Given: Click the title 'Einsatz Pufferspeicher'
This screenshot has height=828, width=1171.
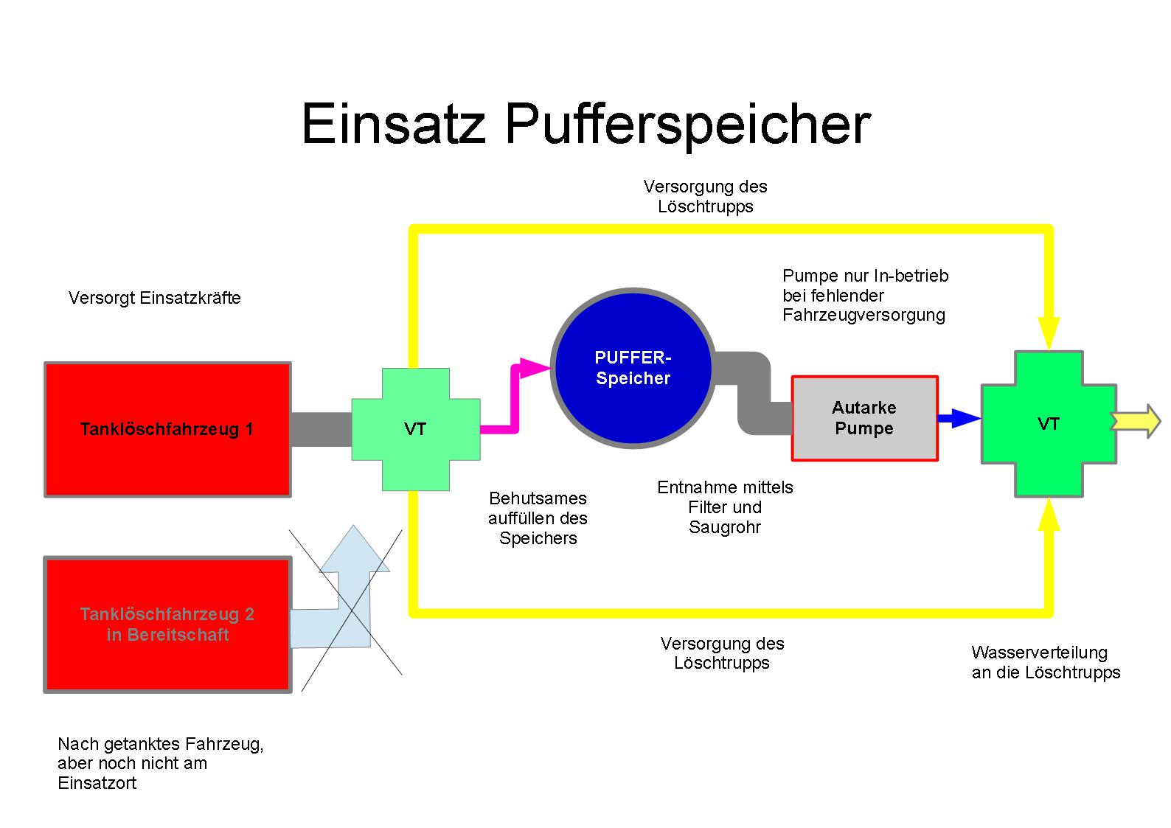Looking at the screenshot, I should point(585,125).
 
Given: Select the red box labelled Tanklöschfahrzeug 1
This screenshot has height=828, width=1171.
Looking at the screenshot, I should point(167,429).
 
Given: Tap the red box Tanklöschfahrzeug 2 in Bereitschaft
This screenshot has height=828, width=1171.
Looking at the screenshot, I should point(167,625).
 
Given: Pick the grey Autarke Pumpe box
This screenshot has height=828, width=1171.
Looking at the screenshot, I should point(864,418).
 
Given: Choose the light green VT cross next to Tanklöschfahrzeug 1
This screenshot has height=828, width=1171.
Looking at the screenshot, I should point(415,429).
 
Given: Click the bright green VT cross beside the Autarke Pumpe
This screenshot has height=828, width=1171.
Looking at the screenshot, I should point(1048,424).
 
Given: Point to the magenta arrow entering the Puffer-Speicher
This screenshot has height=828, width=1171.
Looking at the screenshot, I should point(516,398).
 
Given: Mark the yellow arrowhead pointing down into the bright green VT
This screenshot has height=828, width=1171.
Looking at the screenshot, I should point(1049,332).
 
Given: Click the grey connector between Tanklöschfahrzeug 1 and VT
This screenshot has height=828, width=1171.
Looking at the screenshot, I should point(321,429).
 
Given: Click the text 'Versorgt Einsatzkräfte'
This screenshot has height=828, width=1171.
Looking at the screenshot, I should point(155,298).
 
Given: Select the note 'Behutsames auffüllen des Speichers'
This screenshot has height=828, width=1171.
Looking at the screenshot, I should point(538,518).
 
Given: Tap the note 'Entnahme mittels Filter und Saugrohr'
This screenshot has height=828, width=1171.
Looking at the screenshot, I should point(725,507).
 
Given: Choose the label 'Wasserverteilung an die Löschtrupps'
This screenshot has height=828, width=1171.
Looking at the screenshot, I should point(1046,662).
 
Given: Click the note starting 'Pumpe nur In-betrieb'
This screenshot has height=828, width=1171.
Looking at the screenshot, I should point(865,295).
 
